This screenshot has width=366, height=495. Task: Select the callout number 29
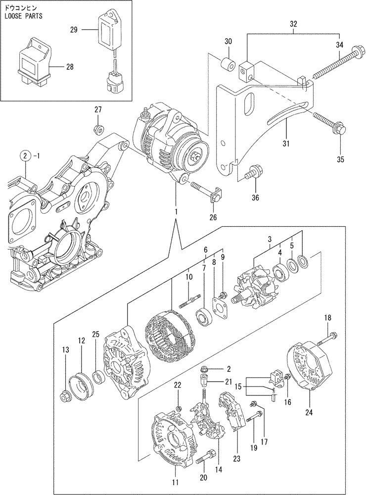tap(74, 30)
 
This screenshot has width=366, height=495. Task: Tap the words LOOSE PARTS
tap(23, 16)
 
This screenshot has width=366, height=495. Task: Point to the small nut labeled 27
tap(98, 130)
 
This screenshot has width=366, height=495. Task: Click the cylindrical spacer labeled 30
tap(228, 65)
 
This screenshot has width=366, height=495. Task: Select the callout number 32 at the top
tap(293, 23)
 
